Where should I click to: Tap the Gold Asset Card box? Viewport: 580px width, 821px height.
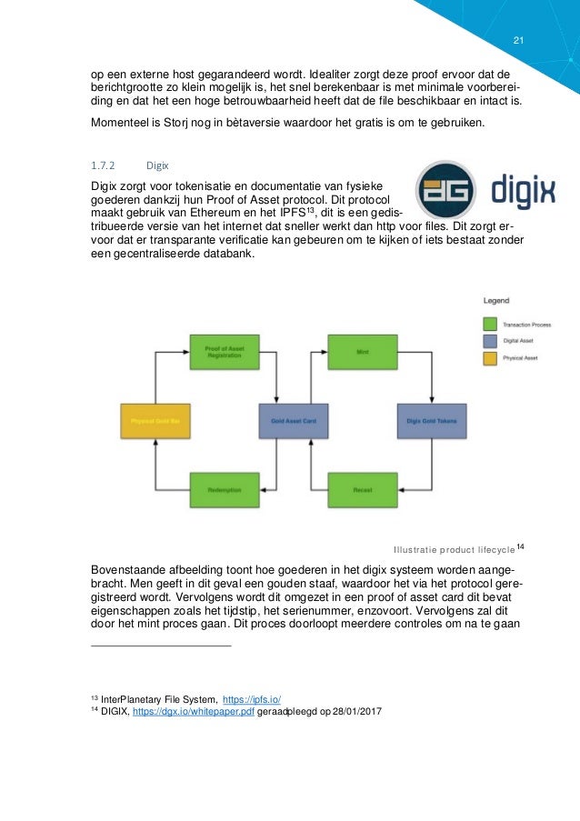292,421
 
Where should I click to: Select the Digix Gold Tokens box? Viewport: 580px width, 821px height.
431,421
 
